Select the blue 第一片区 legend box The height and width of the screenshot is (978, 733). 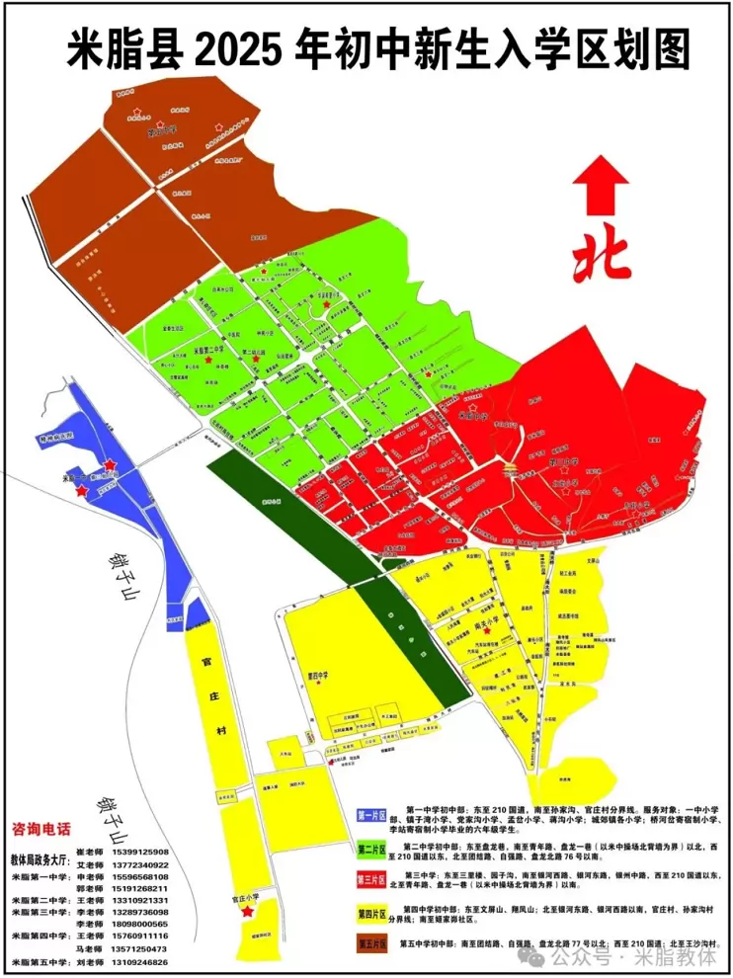coord(371,815)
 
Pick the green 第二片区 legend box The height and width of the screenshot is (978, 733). coord(371,848)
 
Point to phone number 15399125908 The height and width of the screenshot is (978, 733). coord(140,852)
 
